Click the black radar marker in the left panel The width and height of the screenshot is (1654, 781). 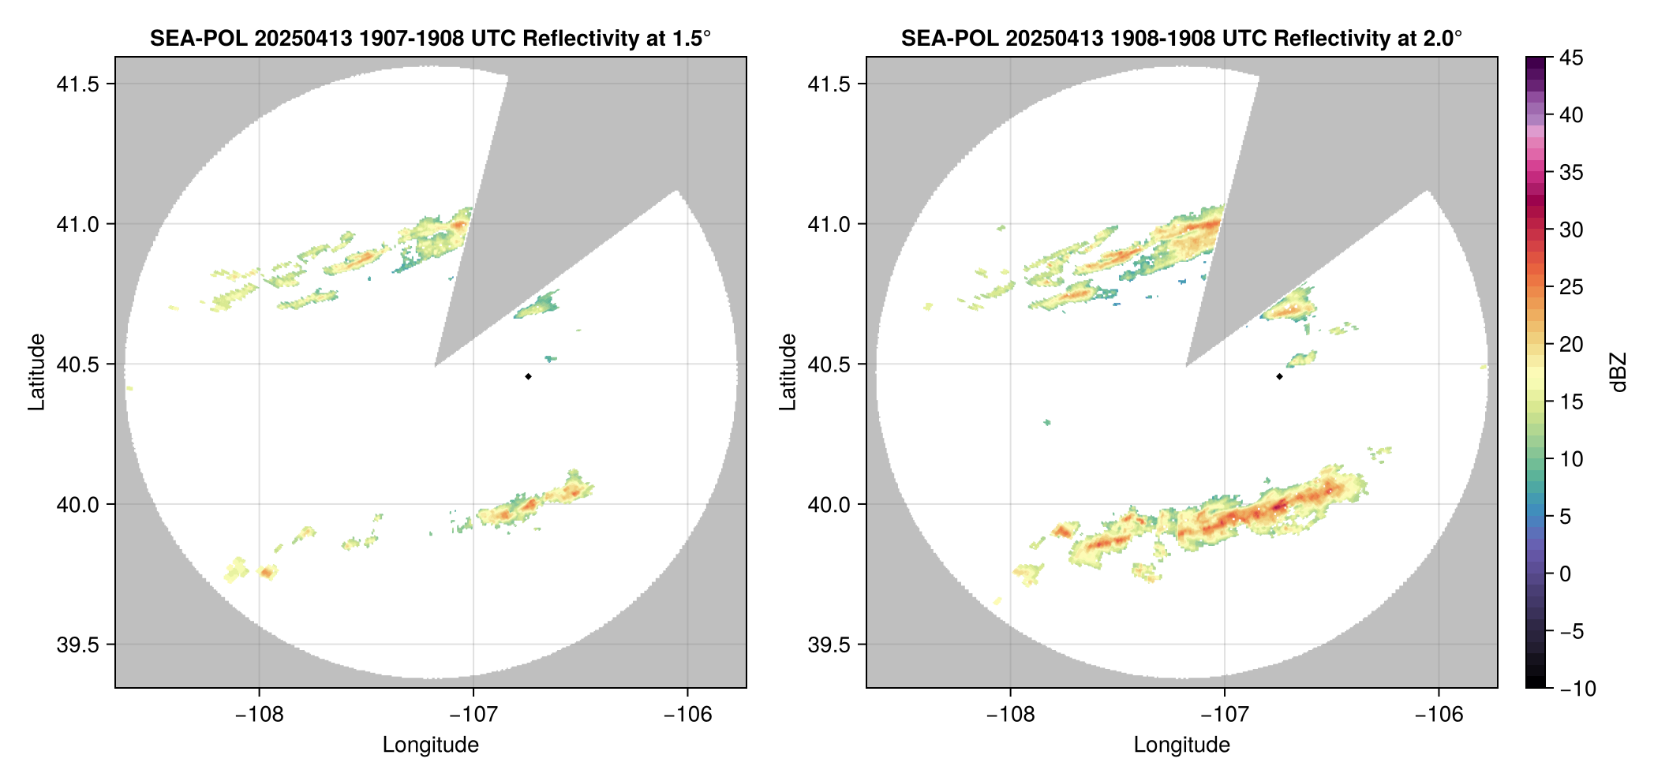(x=528, y=376)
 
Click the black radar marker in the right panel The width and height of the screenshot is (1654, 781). (x=1279, y=376)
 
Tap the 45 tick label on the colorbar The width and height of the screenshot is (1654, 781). (x=1571, y=58)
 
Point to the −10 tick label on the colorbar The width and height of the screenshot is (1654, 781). (x=1577, y=689)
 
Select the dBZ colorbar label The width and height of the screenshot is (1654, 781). (x=1619, y=372)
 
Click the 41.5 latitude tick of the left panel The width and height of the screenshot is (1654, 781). (x=76, y=84)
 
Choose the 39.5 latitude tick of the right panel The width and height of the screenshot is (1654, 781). (x=827, y=645)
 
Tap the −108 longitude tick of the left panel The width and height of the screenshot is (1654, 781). (x=259, y=715)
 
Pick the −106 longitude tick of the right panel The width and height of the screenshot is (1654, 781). (x=1439, y=715)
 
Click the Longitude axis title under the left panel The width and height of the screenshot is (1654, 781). (x=431, y=745)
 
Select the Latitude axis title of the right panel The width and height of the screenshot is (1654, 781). (x=788, y=372)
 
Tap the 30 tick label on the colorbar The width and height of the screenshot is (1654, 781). (x=1571, y=230)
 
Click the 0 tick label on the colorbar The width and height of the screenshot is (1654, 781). (x=1566, y=574)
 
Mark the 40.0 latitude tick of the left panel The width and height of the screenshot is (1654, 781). (x=76, y=504)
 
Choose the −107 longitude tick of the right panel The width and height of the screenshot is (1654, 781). (x=1225, y=715)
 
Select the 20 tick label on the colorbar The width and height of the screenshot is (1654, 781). (x=1571, y=344)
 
